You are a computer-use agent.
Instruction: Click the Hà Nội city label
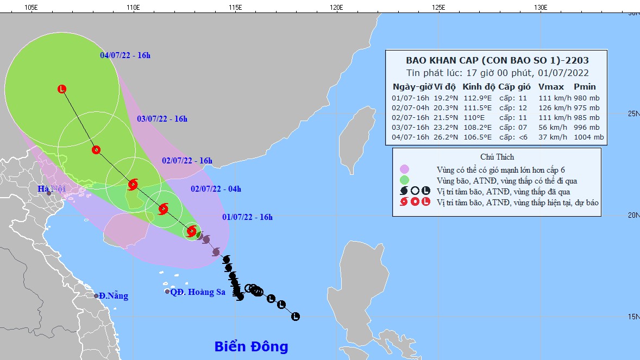[x=51, y=189]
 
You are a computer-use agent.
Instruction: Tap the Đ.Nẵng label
[x=114, y=296]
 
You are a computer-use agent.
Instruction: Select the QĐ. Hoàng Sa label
[x=198, y=292]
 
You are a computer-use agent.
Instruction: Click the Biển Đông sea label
[x=251, y=346]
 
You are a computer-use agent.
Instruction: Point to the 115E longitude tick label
[x=235, y=7]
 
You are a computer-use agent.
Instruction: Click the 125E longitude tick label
[x=438, y=7]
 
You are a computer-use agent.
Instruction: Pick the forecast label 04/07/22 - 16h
[x=125, y=55]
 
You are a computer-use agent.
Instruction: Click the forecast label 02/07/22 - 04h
[x=216, y=189]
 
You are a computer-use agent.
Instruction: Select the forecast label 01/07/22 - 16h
[x=247, y=217]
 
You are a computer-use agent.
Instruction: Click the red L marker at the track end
[x=62, y=89]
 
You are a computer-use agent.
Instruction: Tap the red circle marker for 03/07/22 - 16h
[x=96, y=150]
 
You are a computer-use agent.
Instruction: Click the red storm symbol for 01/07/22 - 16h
[x=191, y=231]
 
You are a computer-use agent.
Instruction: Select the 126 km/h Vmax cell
[x=550, y=108]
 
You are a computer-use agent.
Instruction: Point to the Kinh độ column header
[x=479, y=87]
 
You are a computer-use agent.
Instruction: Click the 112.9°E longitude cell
[x=478, y=98]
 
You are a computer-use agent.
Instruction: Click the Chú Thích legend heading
[x=497, y=157]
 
